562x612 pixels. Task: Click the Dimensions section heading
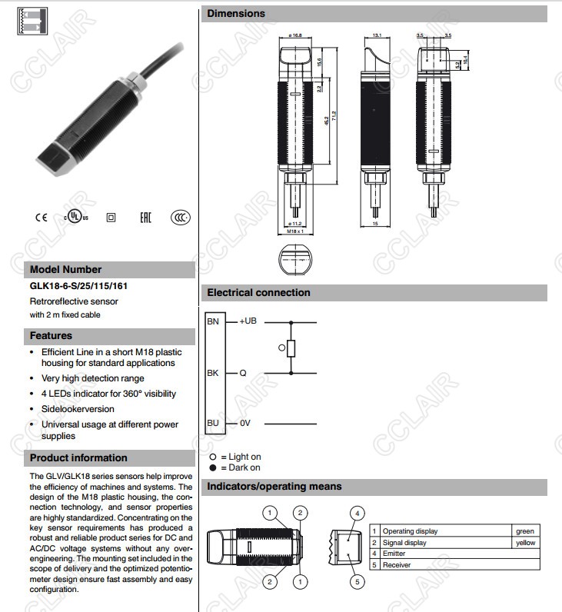[237, 13]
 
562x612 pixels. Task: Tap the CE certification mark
[41, 218]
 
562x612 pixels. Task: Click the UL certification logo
[75, 217]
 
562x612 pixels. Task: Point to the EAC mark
[145, 218]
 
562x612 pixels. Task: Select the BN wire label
[213, 321]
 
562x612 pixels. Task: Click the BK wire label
[213, 373]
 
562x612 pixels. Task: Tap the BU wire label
[213, 423]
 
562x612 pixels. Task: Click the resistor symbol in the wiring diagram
[291, 348]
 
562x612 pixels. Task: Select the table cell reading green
[524, 531]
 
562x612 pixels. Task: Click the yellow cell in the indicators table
[525, 543]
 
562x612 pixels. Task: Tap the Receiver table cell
[398, 565]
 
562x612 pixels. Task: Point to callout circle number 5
[357, 582]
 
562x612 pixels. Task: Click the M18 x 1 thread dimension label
[295, 231]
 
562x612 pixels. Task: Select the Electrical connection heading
[258, 293]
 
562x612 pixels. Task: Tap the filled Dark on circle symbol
[213, 467]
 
